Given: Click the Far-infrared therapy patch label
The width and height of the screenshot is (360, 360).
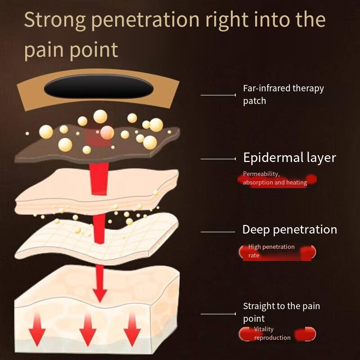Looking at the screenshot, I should [x=283, y=94].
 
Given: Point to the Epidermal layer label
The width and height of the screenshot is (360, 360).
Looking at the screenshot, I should [x=289, y=157].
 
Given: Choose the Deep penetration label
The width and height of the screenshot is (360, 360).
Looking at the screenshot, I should [x=289, y=229].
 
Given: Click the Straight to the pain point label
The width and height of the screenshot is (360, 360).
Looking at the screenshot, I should [x=281, y=312].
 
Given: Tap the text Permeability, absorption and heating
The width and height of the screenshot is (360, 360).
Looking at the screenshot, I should [x=274, y=178].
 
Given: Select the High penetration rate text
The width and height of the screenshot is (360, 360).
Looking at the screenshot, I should [x=271, y=251].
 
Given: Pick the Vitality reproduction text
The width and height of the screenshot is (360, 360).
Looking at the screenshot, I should [x=272, y=333].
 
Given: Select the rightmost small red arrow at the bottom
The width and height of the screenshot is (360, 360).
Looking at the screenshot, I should [x=132, y=331].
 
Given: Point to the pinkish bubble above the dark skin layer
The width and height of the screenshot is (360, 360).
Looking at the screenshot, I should [x=107, y=132].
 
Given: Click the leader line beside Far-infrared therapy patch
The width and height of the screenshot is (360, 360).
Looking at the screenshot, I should [x=218, y=95].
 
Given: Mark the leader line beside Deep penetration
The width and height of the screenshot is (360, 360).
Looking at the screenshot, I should [x=218, y=232].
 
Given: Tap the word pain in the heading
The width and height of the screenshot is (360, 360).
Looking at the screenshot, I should [x=43, y=49].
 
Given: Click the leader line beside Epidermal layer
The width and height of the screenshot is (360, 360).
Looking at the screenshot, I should [x=218, y=159].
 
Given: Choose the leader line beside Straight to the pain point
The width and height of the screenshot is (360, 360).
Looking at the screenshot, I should [x=218, y=314].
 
